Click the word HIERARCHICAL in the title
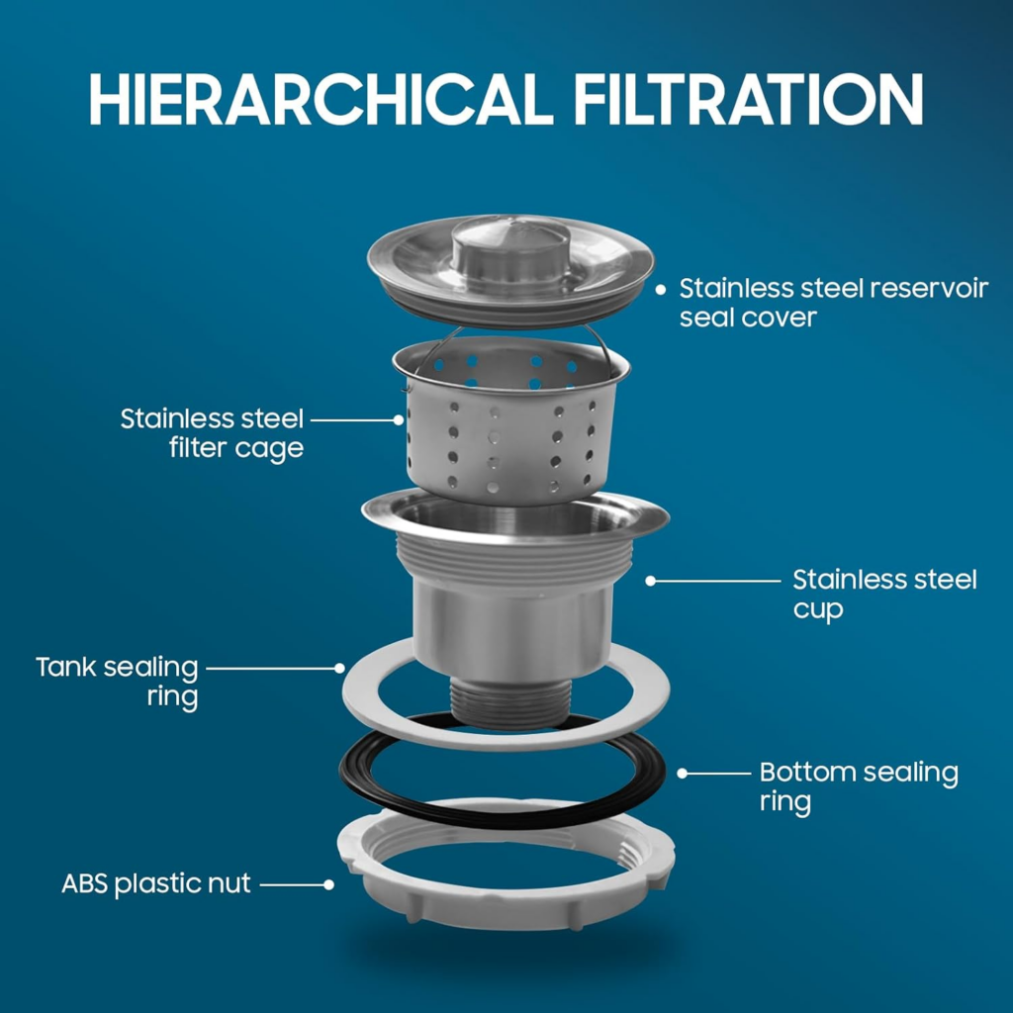coord(322,99)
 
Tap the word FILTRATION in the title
coord(748,99)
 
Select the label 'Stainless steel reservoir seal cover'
coord(833,303)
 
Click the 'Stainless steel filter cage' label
coord(212,434)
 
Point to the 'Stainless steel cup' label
coord(884,595)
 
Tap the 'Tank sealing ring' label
coord(117,683)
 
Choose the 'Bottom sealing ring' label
coord(859,786)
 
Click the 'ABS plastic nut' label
coord(155,883)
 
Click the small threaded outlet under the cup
coord(510,703)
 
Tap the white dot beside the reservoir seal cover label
coord(660,290)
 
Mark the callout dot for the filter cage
coord(399,419)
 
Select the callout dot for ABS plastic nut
coord(328,884)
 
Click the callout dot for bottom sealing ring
coord(683,774)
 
